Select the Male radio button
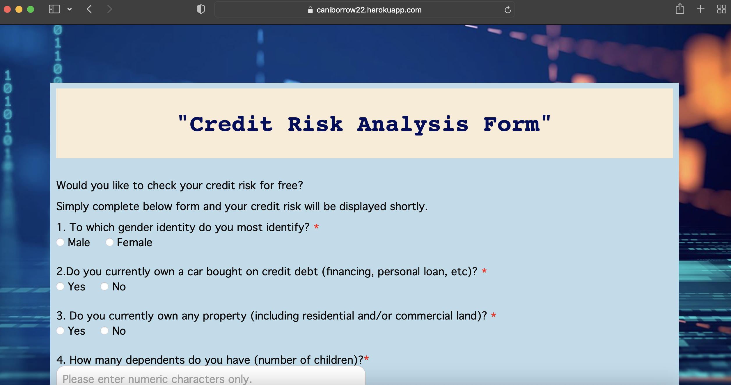pyautogui.click(x=60, y=242)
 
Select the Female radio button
pyautogui.click(x=110, y=242)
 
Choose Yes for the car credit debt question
pyautogui.click(x=60, y=286)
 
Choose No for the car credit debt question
pyautogui.click(x=104, y=286)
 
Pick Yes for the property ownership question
pyautogui.click(x=60, y=331)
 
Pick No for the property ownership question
pyautogui.click(x=104, y=331)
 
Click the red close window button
pyautogui.click(x=8, y=9)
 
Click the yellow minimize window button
pyautogui.click(x=19, y=9)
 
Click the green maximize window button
pyautogui.click(x=31, y=9)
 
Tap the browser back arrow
pyautogui.click(x=89, y=9)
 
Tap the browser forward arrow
pyautogui.click(x=109, y=9)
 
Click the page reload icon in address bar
pyautogui.click(x=508, y=10)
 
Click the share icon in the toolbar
pyautogui.click(x=680, y=9)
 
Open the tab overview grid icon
pyautogui.click(x=721, y=9)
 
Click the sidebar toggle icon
pyautogui.click(x=54, y=9)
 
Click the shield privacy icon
pyautogui.click(x=201, y=9)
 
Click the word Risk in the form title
pyautogui.click(x=315, y=124)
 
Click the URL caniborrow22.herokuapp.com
pyautogui.click(x=369, y=10)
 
